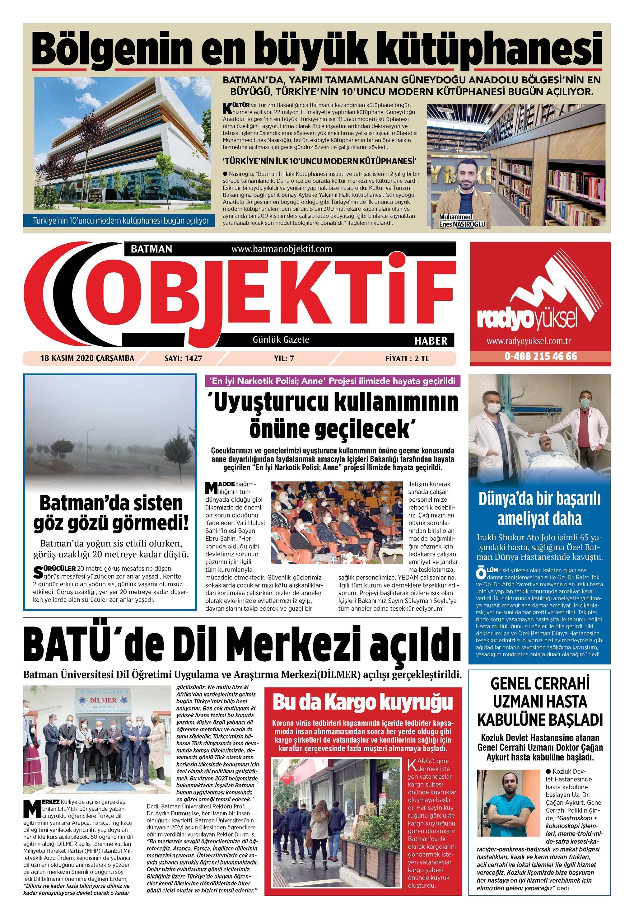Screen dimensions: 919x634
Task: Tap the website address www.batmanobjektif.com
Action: click(x=281, y=249)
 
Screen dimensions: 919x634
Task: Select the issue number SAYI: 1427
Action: click(x=183, y=359)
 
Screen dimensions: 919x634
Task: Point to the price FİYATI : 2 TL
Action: click(x=407, y=359)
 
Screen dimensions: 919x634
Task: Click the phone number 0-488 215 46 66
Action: click(x=540, y=356)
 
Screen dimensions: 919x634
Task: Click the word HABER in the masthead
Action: click(x=431, y=340)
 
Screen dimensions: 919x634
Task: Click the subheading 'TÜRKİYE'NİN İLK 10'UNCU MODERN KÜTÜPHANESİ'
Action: click(x=319, y=161)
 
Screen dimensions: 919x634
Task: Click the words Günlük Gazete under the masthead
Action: click(x=281, y=340)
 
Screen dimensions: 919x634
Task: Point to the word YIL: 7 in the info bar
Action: click(x=284, y=359)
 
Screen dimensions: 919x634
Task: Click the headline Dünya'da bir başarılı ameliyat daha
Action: click(x=539, y=509)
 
